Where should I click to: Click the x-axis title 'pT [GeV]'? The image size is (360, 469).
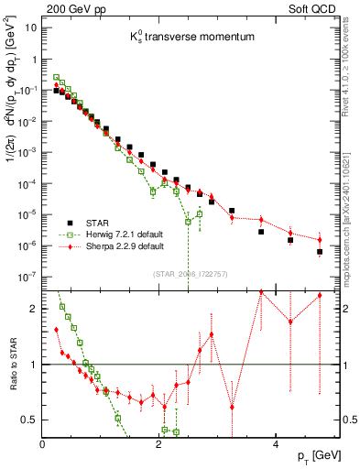[308, 455]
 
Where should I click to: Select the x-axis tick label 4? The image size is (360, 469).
[275, 444]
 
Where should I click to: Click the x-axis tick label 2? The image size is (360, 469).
[158, 444]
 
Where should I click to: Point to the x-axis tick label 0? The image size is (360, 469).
[42, 444]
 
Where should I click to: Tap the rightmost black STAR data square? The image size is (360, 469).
[320, 252]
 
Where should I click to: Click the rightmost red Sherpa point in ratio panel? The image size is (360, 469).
[320, 296]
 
